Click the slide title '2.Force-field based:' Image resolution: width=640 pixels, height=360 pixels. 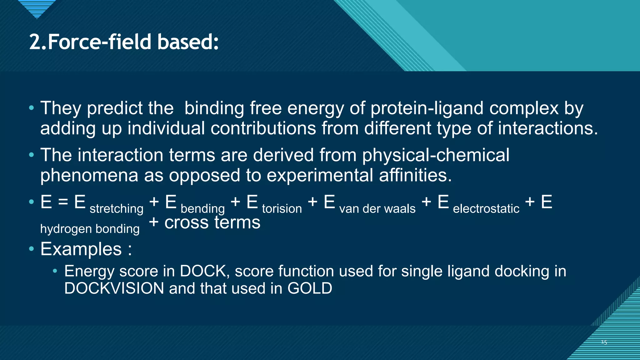pos(124,42)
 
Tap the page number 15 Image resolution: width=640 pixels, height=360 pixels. pos(604,342)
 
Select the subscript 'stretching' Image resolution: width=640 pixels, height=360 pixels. pos(116,209)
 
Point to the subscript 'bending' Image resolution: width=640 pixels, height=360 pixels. pos(202,209)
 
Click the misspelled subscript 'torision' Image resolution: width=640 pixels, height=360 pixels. pos(282,208)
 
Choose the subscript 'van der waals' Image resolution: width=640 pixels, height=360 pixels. pos(377,208)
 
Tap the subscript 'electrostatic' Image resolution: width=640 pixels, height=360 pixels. pos(486,208)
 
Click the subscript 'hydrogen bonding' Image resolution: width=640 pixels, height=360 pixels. pos(90,229)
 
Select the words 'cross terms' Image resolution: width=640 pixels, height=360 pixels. pos(212,222)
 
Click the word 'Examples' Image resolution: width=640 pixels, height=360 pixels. pos(81,249)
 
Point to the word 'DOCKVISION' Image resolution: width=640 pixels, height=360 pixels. pos(114,288)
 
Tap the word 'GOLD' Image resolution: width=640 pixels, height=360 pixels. pos(310,288)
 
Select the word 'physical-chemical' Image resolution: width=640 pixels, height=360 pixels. pos(436,155)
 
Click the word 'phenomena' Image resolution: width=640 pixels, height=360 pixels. pos(89,175)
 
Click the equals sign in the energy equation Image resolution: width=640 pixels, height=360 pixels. pos(63,202)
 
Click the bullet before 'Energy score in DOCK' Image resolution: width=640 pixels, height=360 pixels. pos(55,271)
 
